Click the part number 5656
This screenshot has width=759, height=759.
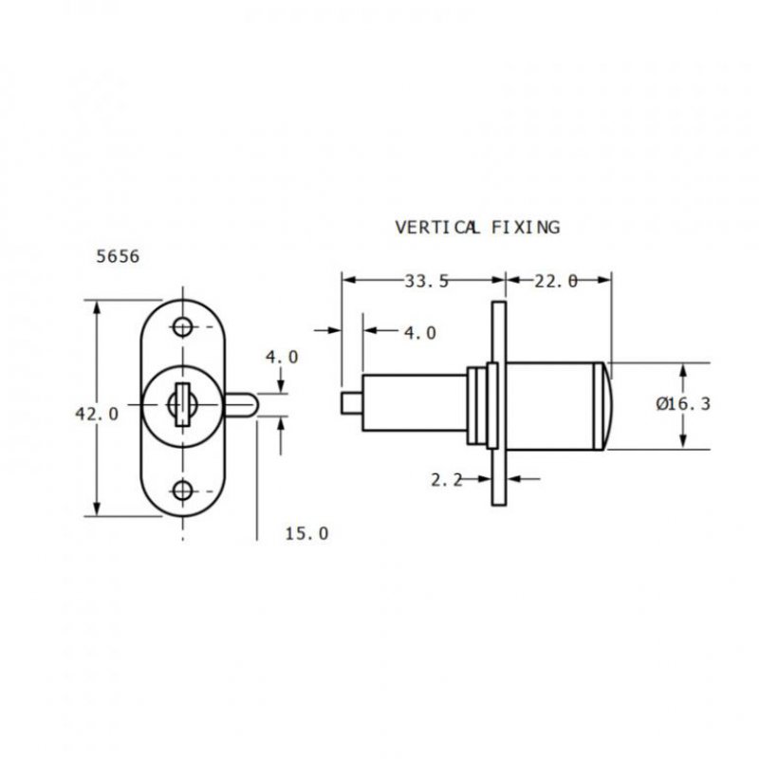click(x=119, y=256)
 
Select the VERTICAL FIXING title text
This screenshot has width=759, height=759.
click(x=476, y=228)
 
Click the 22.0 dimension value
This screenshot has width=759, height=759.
click(x=557, y=280)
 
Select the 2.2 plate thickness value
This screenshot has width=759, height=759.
click(x=446, y=480)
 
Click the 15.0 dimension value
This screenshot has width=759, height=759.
click(x=306, y=534)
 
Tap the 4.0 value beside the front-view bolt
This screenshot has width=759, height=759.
click(x=281, y=358)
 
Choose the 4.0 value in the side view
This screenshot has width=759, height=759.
click(x=419, y=333)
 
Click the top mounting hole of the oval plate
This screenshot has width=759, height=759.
click(x=182, y=327)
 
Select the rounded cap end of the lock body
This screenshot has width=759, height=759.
click(x=607, y=406)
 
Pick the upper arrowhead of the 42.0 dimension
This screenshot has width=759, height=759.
click(x=96, y=308)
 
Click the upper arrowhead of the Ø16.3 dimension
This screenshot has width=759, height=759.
click(x=683, y=370)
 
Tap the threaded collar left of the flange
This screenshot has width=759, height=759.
click(x=479, y=406)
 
